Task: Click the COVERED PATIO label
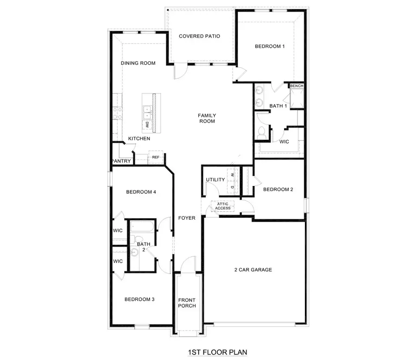(199, 36)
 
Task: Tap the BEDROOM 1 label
(270, 46)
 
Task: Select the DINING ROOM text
(138, 63)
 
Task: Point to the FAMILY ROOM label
(207, 118)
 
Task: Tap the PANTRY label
(122, 161)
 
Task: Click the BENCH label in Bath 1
(297, 86)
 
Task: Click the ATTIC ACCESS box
(223, 206)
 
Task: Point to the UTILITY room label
(215, 180)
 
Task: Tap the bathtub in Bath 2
(142, 228)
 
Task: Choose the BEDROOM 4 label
(141, 192)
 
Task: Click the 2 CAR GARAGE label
(253, 270)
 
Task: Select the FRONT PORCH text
(187, 303)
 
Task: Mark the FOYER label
(187, 218)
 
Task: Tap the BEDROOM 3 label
(139, 299)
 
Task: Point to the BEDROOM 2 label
(278, 189)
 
